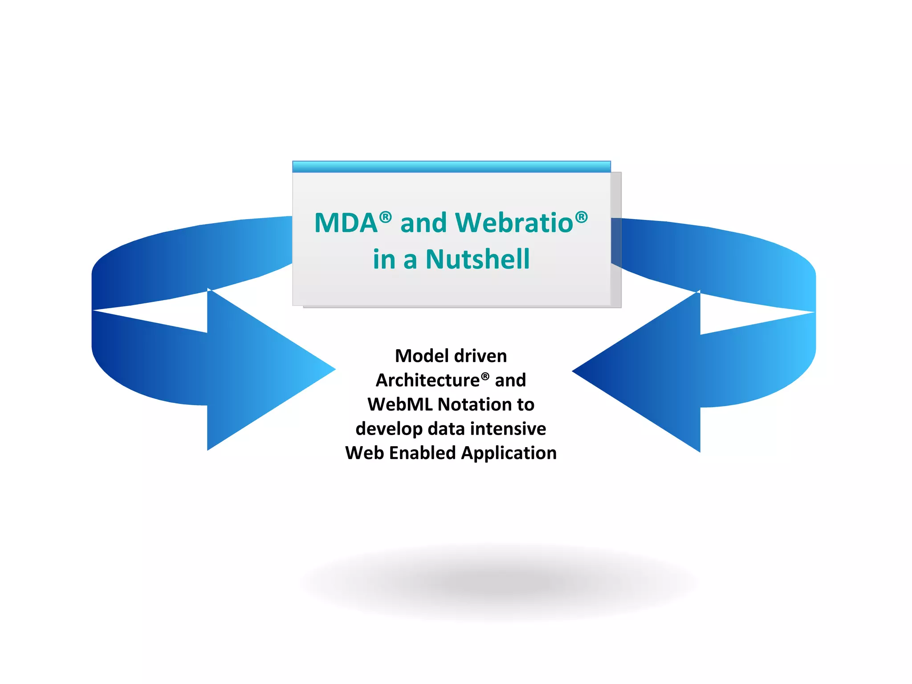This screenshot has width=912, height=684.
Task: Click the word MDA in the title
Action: pyautogui.click(x=346, y=223)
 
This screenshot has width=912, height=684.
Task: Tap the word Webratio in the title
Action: pyautogui.click(x=514, y=223)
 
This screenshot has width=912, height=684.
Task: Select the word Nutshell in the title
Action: pyautogui.click(x=477, y=260)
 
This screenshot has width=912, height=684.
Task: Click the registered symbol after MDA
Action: pyautogui.click(x=386, y=218)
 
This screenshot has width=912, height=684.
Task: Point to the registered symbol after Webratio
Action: pyautogui.click(x=581, y=217)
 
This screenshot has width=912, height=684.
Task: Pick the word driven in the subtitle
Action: pyautogui.click(x=480, y=356)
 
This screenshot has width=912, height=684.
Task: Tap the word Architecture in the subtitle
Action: pyautogui.click(x=427, y=380)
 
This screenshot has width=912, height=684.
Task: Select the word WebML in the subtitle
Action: pyautogui.click(x=400, y=405)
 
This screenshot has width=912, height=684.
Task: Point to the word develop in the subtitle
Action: pyautogui.click(x=389, y=429)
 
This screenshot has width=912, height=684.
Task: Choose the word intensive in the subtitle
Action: pyautogui.click(x=508, y=429)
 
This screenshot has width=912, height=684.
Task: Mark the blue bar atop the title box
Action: pyautogui.click(x=451, y=167)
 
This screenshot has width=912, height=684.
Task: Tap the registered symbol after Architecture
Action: pyautogui.click(x=485, y=376)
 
